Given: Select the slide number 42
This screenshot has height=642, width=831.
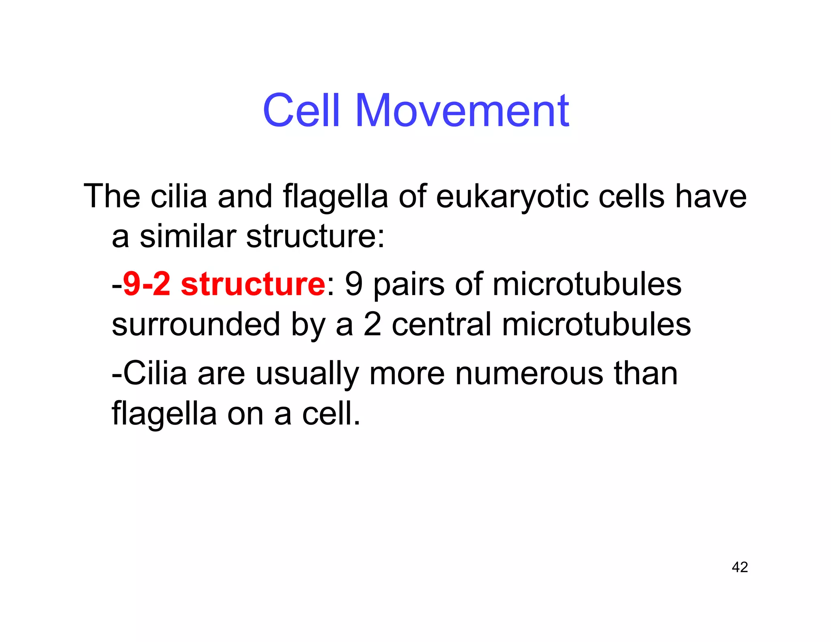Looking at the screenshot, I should click(739, 567).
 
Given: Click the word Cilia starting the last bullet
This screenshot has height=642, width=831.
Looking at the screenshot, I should click(155, 373).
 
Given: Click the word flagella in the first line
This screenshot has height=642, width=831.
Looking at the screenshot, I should click(335, 197).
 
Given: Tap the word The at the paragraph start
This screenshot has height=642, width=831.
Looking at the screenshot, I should click(112, 197).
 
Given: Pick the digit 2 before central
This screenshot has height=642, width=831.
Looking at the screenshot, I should click(372, 324).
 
